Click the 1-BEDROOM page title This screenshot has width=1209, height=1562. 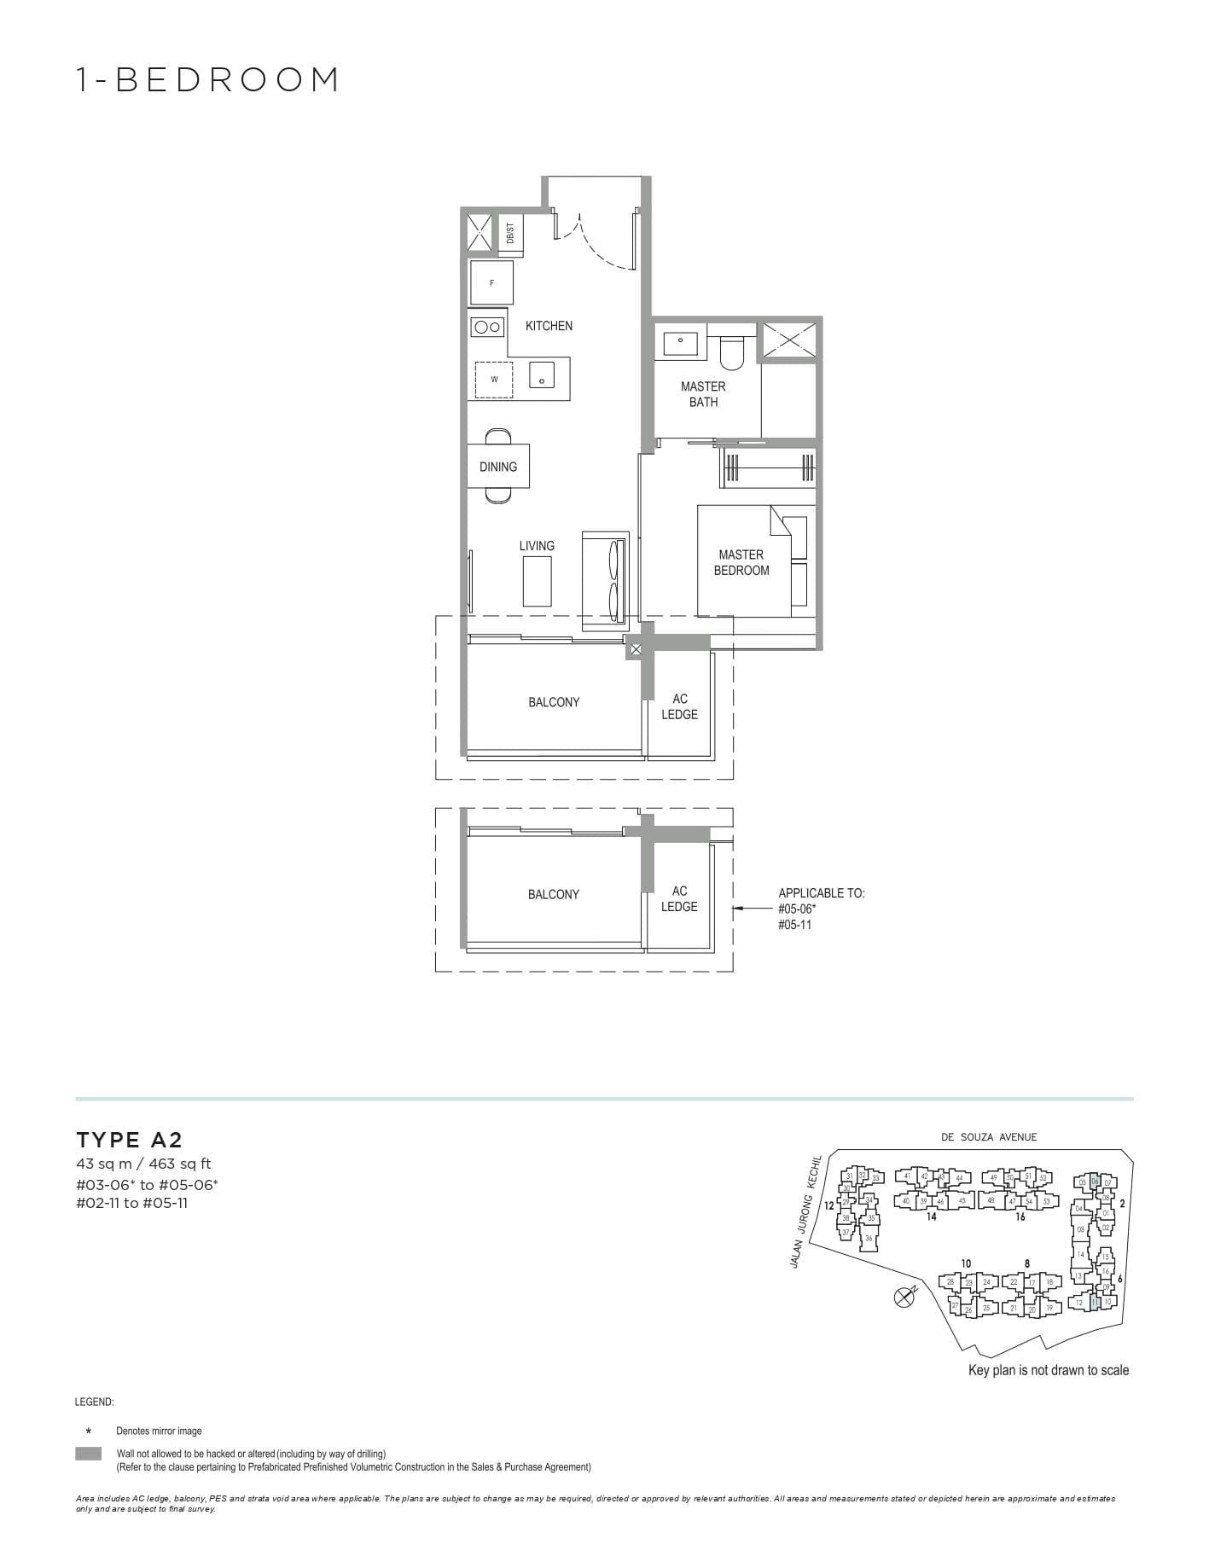point(208,79)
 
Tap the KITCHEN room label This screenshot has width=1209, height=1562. point(549,326)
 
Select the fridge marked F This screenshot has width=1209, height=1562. point(491,282)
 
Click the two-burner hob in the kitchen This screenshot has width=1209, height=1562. point(487,326)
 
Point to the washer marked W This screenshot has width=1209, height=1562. point(493,380)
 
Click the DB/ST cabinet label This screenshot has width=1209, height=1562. point(510,233)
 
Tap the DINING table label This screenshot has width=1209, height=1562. point(498,467)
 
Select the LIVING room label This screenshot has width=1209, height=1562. point(537,546)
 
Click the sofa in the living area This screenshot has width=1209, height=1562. point(607,576)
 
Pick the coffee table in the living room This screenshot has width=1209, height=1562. point(537,581)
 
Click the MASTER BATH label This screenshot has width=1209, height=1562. point(703,394)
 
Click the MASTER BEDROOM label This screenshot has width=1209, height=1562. point(741,562)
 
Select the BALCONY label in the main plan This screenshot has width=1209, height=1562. point(554,702)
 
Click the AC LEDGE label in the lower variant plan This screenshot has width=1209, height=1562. point(679,898)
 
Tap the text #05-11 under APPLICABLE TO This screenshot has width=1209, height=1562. point(794,924)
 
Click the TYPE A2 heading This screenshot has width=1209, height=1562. point(130,1140)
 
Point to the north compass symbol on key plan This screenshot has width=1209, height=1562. point(904,1297)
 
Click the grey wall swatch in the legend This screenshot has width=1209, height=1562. point(88,1454)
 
